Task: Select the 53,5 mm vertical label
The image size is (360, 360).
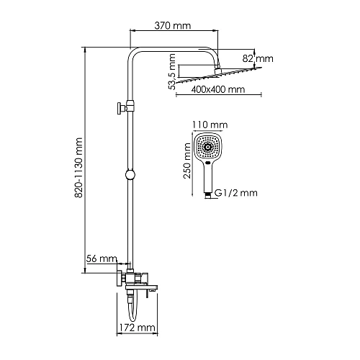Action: [x=171, y=71]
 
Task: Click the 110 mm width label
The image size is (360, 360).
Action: [x=208, y=125]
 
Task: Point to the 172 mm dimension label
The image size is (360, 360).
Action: [x=137, y=328]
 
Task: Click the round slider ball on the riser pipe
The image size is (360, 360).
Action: [x=130, y=174]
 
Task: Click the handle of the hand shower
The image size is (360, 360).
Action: [x=208, y=177]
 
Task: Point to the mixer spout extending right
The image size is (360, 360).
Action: [x=151, y=288]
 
